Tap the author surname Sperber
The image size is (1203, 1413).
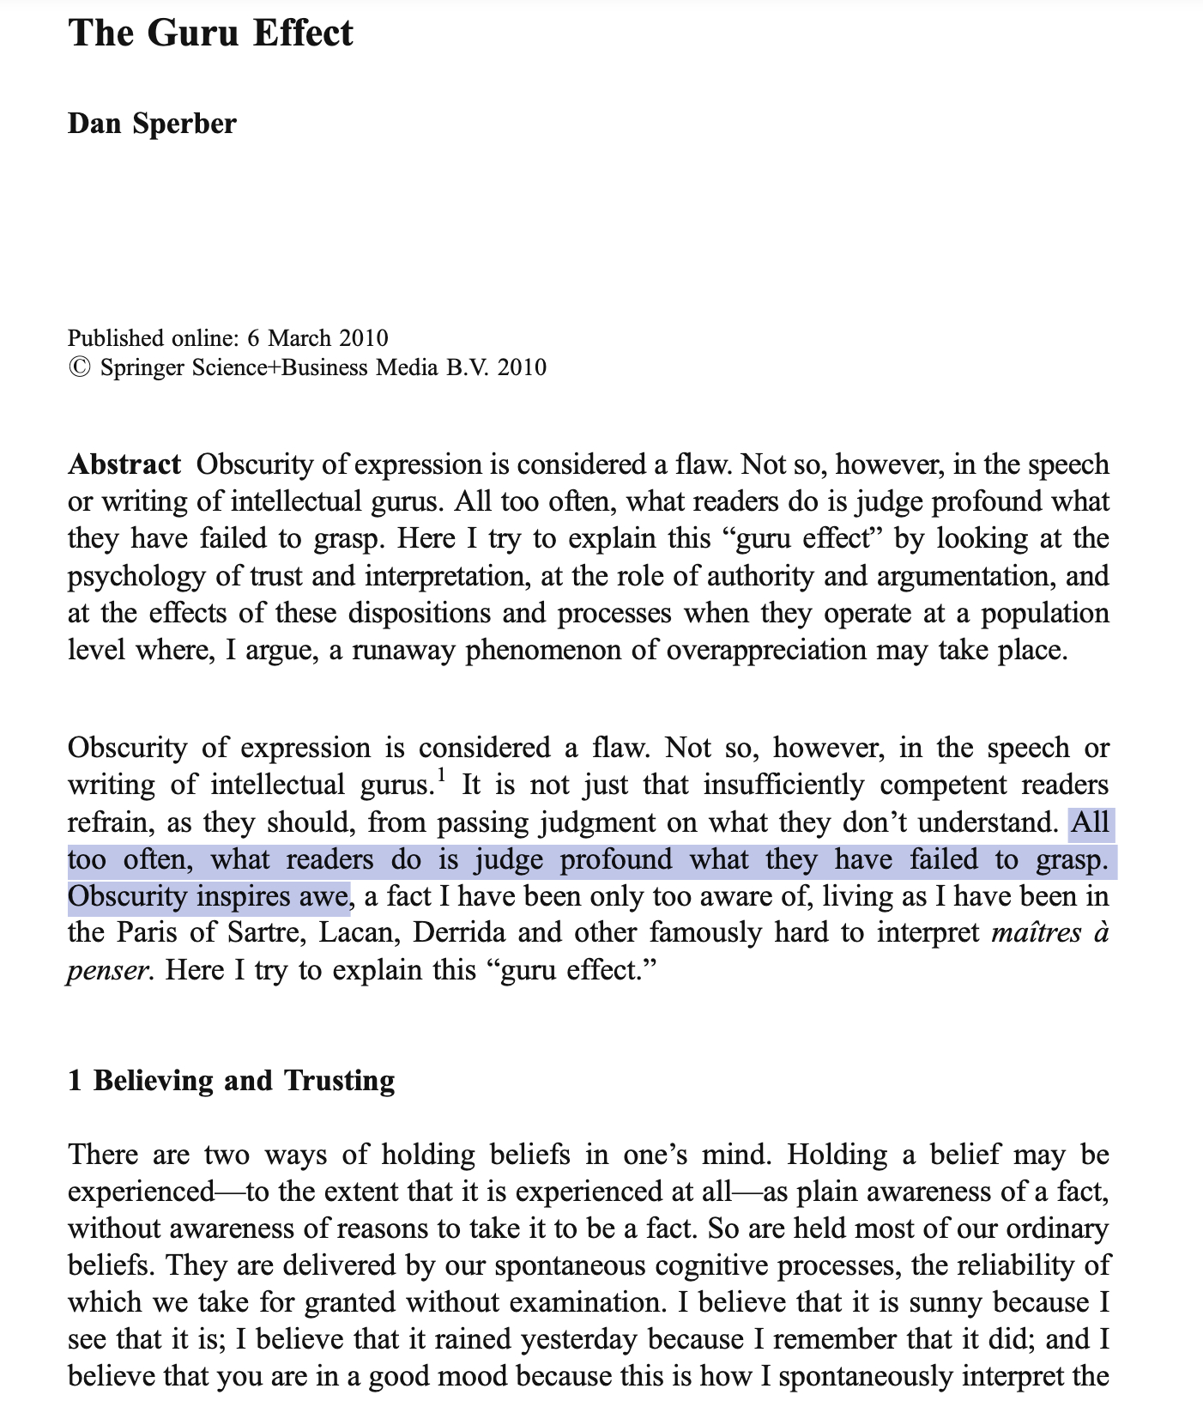pos(184,124)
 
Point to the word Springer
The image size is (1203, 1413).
pos(143,367)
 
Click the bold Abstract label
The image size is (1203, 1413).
pos(124,464)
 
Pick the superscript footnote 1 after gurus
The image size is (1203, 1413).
pos(441,778)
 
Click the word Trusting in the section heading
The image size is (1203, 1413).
pos(340,1080)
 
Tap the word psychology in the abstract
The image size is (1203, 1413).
pos(136,576)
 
